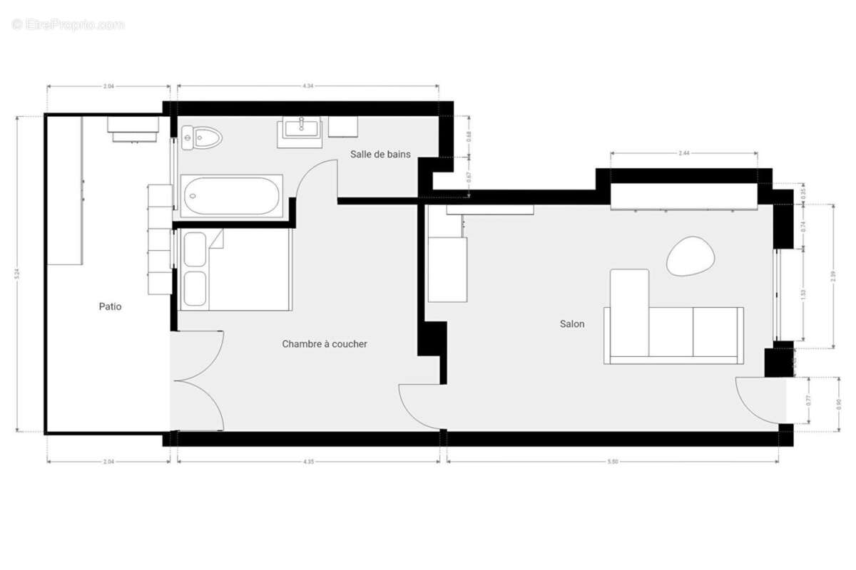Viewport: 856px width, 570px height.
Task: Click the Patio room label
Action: click(110, 307)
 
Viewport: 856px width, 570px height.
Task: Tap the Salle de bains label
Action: click(380, 154)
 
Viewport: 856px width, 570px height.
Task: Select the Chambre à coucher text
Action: click(325, 344)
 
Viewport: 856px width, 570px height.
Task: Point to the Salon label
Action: click(572, 324)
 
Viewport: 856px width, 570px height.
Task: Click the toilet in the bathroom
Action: click(201, 138)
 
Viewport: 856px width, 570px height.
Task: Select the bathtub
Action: click(231, 195)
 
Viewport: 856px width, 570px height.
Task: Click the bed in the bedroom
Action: click(234, 269)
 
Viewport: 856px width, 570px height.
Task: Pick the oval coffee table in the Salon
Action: click(690, 256)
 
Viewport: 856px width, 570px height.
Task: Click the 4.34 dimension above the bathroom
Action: click(307, 86)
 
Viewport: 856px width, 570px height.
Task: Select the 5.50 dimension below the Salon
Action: click(613, 462)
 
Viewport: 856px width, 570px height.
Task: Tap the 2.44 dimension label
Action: click(683, 153)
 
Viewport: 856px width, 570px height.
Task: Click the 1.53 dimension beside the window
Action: click(804, 294)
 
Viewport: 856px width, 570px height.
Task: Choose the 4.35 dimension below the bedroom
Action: click(308, 462)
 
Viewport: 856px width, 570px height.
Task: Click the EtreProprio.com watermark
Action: click(68, 25)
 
